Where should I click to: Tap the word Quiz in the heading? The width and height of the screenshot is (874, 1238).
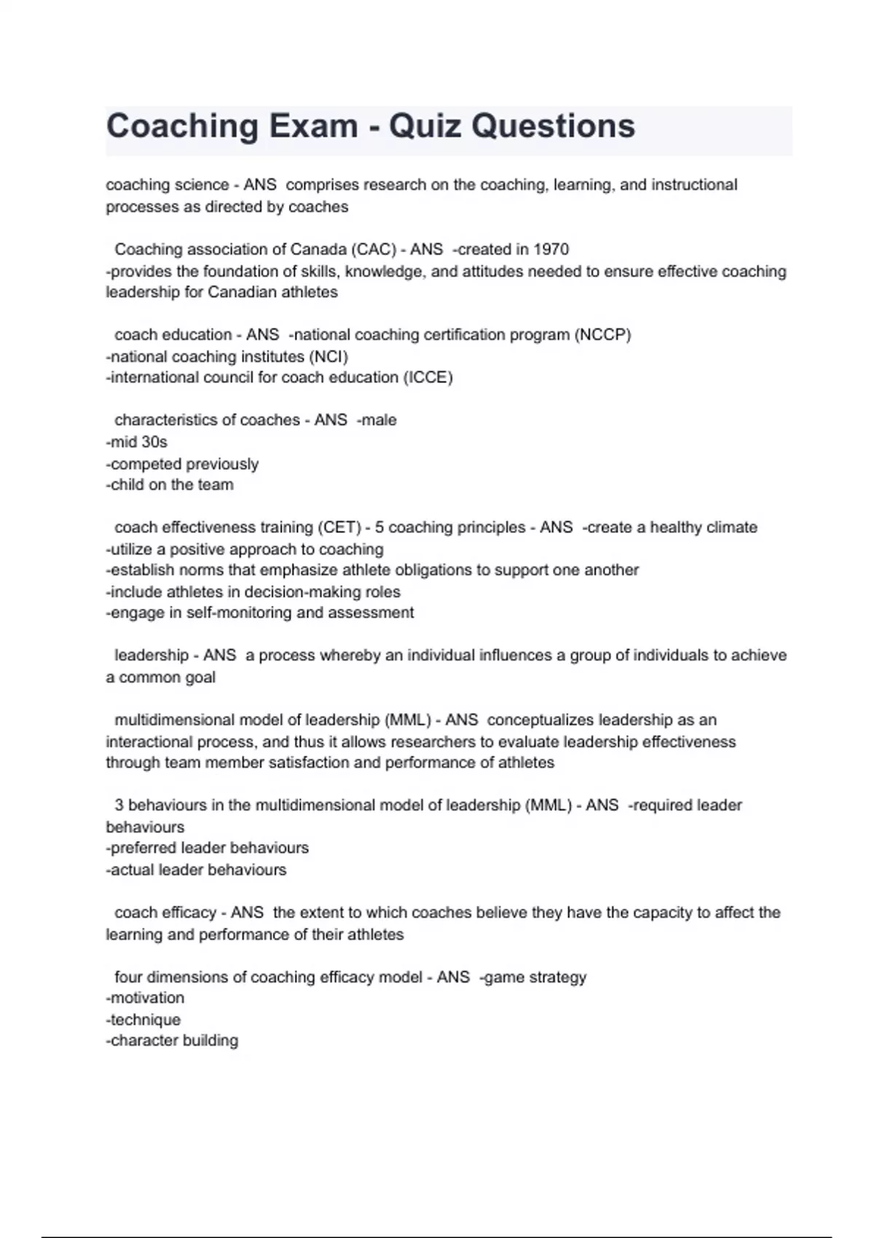coord(425,126)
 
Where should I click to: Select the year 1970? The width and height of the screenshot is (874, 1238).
coord(551,250)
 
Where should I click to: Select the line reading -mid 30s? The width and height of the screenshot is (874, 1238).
coord(137,442)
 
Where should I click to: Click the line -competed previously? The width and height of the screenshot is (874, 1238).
coord(182,464)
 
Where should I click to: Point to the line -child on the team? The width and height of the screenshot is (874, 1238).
coord(170,485)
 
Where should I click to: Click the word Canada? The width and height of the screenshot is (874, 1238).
coord(318,250)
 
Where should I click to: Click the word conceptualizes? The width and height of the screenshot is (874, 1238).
coord(540,720)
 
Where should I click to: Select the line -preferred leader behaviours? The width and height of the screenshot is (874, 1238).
coord(208,848)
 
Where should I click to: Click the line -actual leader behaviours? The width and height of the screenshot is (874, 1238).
coord(197,870)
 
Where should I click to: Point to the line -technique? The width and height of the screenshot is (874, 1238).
coord(143,1020)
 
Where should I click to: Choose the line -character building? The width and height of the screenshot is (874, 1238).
coord(172,1041)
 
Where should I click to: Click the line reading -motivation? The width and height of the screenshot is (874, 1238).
coord(145,998)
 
